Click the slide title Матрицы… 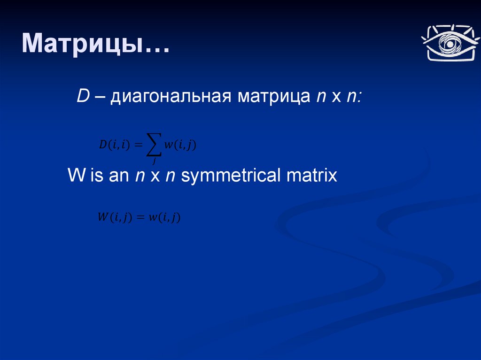click(95, 44)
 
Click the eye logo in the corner click(450, 43)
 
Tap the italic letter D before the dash click(83, 96)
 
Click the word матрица click(274, 97)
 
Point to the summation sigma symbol click(154, 144)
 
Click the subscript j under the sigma click(154, 161)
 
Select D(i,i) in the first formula click(115, 145)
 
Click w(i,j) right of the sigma click(180, 145)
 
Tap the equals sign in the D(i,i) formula click(139, 145)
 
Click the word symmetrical click(231, 176)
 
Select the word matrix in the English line click(312, 175)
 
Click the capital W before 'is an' click(77, 175)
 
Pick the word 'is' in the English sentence click(97, 175)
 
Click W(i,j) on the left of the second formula click(115, 217)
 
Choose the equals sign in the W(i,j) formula click(140, 217)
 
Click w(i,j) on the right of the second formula click(164, 217)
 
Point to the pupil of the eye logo click(450, 44)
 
